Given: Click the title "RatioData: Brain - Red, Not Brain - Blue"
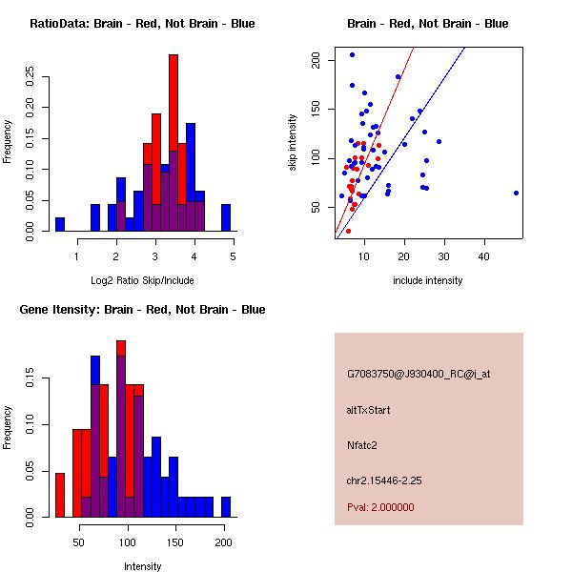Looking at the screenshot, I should [142, 23].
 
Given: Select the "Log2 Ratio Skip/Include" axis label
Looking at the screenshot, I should [142, 279].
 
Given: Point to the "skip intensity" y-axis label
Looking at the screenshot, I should [294, 143].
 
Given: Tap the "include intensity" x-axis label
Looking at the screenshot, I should [427, 280].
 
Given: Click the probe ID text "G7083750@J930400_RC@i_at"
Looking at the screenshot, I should [419, 375].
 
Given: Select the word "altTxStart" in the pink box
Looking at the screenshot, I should [369, 410].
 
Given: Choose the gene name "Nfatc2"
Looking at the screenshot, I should [363, 444].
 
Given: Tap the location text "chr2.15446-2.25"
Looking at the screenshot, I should [384, 480].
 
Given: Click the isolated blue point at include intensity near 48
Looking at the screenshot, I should [516, 193].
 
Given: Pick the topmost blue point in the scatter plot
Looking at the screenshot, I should [352, 54].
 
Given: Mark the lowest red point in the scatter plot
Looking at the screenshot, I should [348, 231].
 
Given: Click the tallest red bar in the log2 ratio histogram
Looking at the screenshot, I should [174, 143].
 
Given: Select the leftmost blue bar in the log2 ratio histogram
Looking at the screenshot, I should [60, 224].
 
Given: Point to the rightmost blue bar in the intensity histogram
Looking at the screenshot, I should [226, 506].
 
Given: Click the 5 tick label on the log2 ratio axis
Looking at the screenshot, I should [234, 255].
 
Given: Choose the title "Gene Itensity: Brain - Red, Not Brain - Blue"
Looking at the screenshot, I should [142, 310].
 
